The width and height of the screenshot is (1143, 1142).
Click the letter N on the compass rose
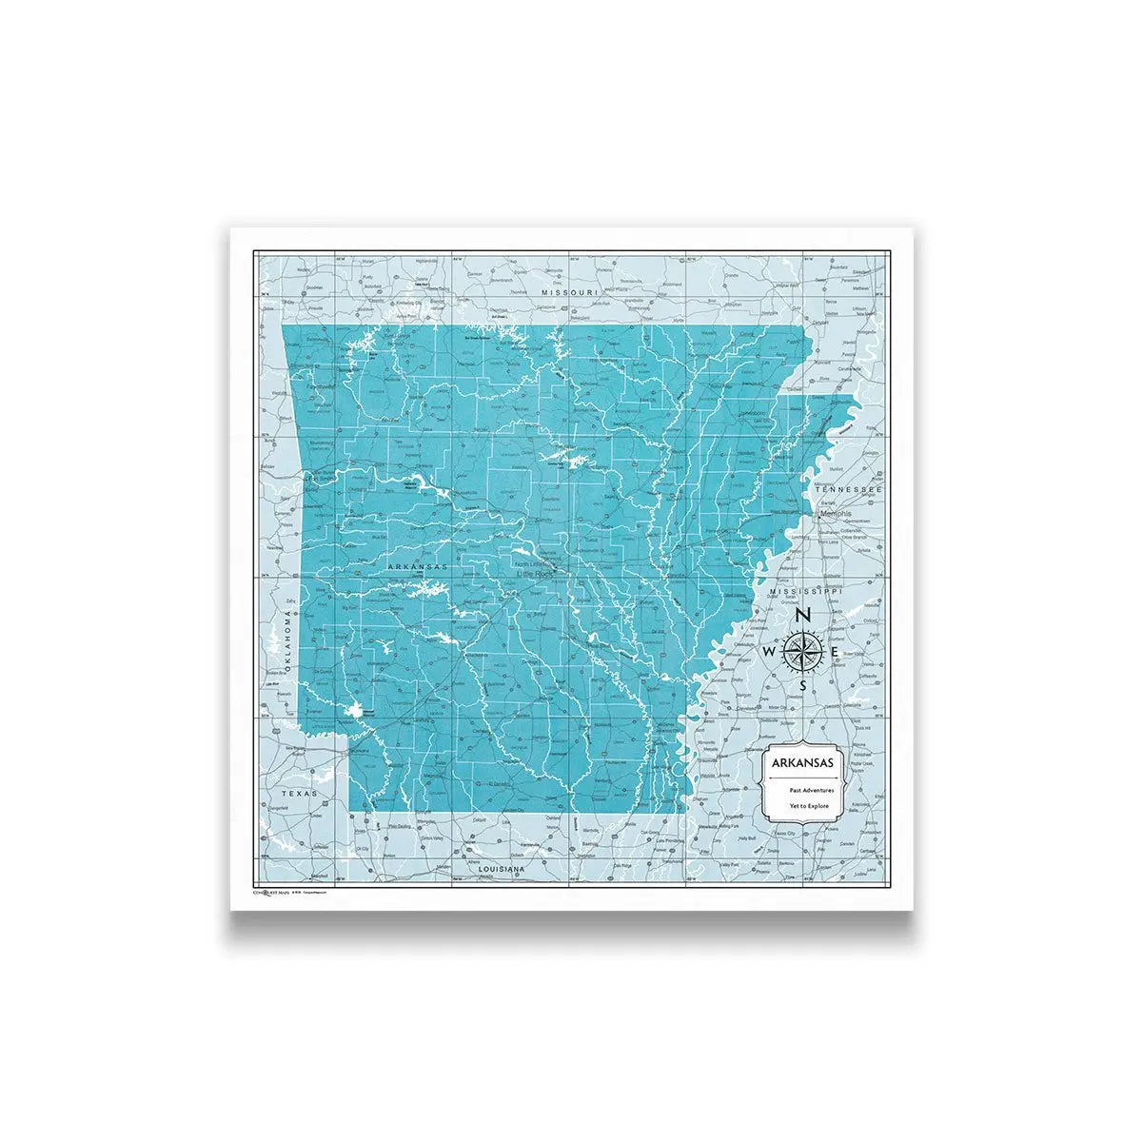802,615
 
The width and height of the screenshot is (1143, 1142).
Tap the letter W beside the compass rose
768,651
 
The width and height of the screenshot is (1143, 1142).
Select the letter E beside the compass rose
835,651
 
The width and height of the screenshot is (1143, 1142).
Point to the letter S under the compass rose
803,684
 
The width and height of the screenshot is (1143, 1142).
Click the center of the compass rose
802,651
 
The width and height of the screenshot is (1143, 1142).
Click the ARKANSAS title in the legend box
803,763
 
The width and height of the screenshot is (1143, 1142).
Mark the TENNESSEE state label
855,489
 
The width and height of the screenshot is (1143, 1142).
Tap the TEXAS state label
301,791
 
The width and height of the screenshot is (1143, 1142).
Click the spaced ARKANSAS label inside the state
418,566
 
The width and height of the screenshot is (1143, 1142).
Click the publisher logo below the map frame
276,893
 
